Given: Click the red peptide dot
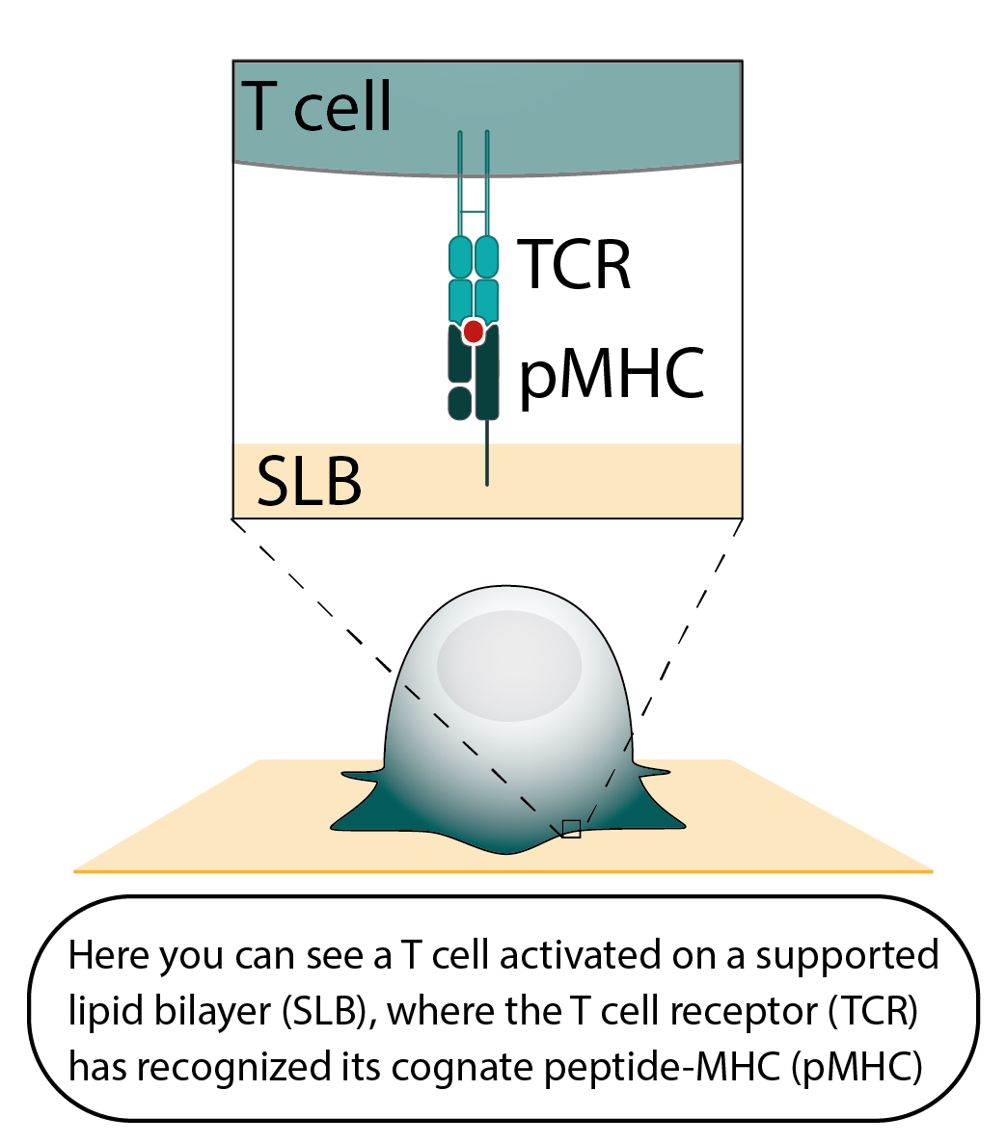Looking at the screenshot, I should point(473,331).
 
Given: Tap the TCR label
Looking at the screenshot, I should point(575,264).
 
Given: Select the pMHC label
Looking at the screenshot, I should point(612,375).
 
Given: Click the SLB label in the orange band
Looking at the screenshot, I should point(309,482).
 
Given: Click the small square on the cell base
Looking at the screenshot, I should point(571,829).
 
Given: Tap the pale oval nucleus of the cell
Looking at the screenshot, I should point(509,665).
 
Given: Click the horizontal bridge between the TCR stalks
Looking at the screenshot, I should point(474,210).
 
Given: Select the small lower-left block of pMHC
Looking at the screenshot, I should point(460,403).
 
